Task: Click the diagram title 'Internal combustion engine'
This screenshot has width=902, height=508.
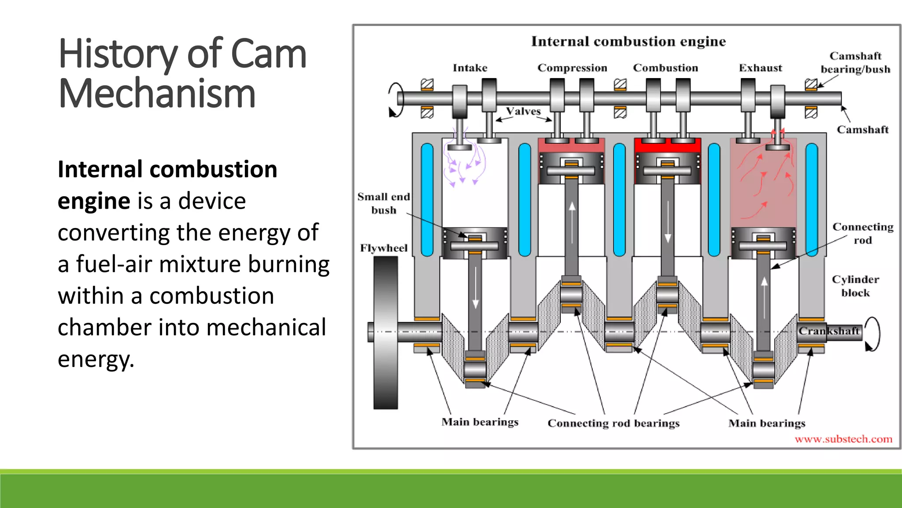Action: point(628,41)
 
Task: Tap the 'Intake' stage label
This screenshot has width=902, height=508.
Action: point(470,68)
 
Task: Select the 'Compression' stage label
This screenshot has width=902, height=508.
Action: point(572,68)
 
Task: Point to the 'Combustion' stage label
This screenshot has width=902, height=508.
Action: point(665,68)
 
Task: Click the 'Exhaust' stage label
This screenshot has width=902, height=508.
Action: point(760,68)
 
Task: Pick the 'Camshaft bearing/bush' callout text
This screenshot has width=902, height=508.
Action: point(855,63)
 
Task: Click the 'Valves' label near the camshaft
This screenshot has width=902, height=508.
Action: point(523,111)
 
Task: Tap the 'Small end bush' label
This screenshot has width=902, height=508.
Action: point(384,203)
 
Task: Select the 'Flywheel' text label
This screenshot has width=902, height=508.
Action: point(384,248)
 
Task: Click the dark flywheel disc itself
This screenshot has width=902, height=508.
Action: point(385,333)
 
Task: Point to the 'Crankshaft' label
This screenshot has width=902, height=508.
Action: point(829,331)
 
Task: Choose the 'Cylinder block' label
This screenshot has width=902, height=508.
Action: point(855,286)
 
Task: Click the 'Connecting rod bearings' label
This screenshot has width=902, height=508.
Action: point(613,423)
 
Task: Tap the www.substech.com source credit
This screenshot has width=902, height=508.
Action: point(843,439)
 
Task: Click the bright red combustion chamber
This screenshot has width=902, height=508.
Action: point(667,145)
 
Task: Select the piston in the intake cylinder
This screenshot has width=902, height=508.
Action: point(475,243)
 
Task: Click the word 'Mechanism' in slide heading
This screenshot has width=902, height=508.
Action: point(157,93)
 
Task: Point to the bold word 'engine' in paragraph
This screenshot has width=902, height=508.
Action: point(94,201)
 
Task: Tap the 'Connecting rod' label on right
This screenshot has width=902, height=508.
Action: point(862,233)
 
